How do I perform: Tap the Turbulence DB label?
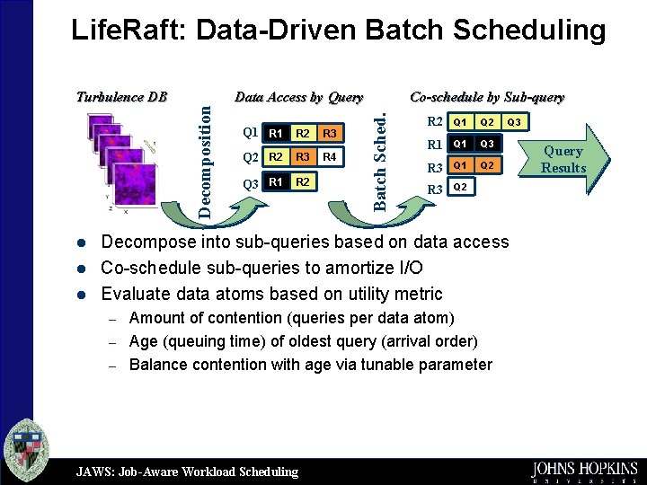pyautogui.click(x=121, y=97)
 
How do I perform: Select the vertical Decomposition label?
pyautogui.click(x=206, y=161)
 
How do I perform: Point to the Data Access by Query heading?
pyautogui.click(x=298, y=97)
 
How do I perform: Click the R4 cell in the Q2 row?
pyautogui.click(x=330, y=158)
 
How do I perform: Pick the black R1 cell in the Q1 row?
pyautogui.click(x=276, y=134)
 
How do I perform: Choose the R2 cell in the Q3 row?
pyautogui.click(x=303, y=182)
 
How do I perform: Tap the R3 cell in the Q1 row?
pyautogui.click(x=330, y=134)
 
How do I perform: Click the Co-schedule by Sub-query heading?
pyautogui.click(x=487, y=97)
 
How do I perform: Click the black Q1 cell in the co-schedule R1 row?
pyautogui.click(x=460, y=144)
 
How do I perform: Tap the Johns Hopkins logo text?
pyautogui.click(x=584, y=470)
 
